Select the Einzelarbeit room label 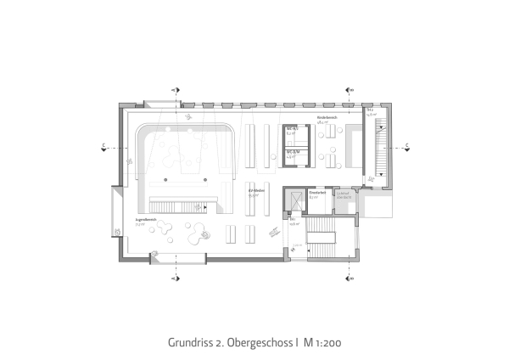pos(317,194)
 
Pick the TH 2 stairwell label pos(371,110)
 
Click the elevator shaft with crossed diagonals pos(292,200)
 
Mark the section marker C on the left pos(103,146)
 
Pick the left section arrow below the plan pos(176,277)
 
